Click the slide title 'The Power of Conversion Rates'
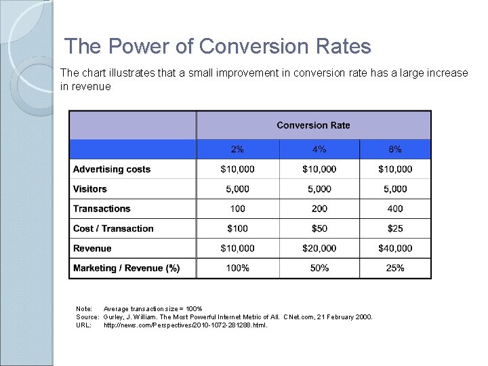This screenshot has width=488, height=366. tap(218, 47)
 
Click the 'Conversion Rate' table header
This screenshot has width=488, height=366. tap(313, 125)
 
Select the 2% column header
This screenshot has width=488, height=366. tap(237, 149)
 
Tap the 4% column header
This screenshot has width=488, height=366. tap(319, 149)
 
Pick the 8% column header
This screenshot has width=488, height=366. tap(395, 149)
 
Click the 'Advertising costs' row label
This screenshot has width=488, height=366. tap(112, 169)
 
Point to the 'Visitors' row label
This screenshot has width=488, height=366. tap(90, 189)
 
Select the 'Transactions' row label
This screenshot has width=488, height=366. tap(102, 209)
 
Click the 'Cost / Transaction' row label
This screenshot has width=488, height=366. tap(113, 228)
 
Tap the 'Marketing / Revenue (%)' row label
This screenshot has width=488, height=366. tap(126, 268)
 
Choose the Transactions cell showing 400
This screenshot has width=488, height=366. tap(395, 209)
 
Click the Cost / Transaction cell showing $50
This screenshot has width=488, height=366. tap(319, 228)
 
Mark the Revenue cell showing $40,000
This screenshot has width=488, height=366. tap(395, 249)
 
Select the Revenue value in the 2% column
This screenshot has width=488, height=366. tap(237, 249)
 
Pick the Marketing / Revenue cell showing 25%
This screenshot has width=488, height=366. tap(395, 268)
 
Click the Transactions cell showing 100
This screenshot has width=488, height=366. tap(237, 209)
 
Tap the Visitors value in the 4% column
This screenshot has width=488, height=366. tap(319, 189)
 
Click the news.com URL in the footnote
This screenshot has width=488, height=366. tap(185, 325)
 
